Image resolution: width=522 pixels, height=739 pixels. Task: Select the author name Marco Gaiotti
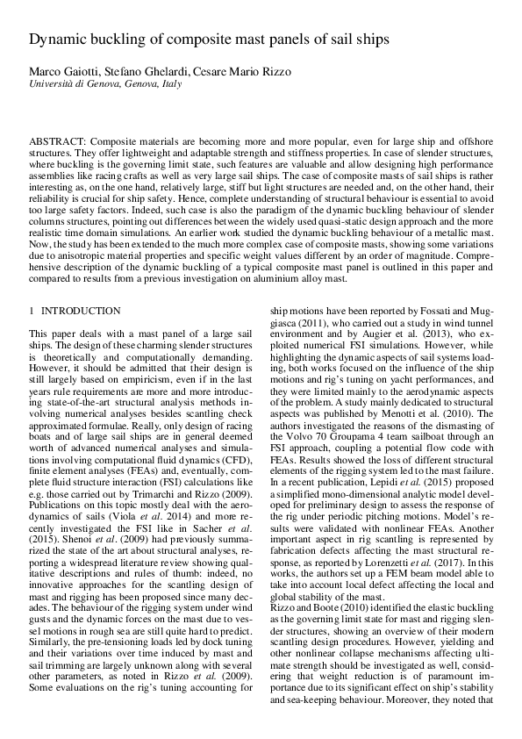click(x=62, y=73)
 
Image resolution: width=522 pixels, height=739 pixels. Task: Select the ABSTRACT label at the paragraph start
click(x=58, y=140)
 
